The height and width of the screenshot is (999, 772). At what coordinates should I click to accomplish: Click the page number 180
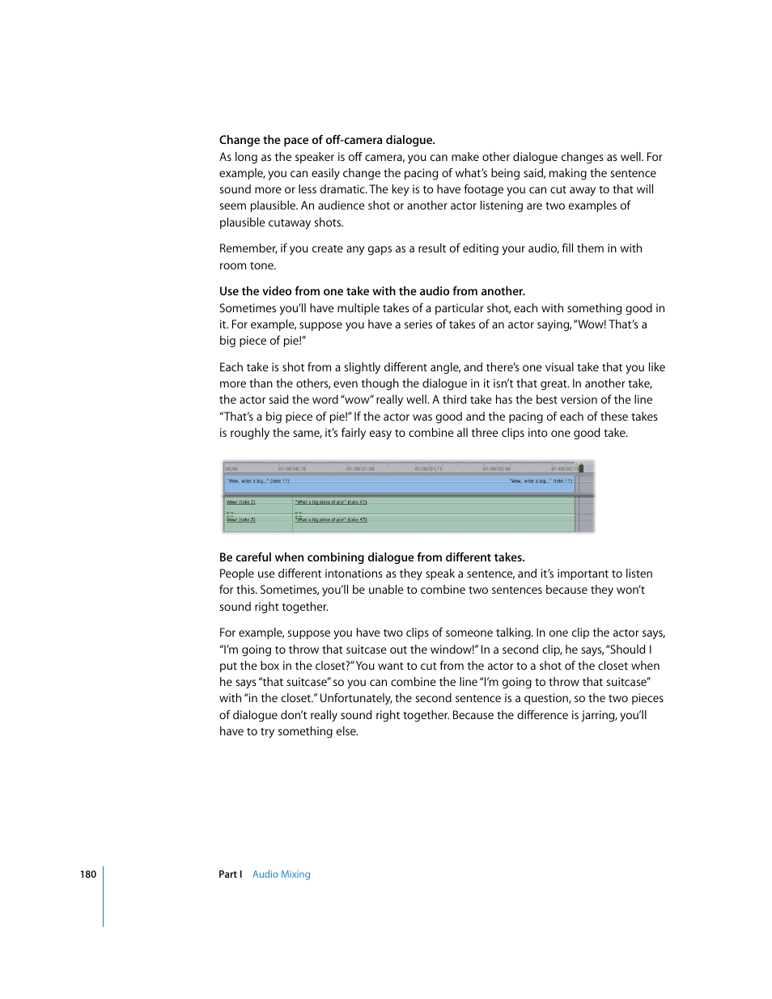(87, 874)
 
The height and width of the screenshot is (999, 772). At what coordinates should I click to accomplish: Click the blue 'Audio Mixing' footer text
(281, 874)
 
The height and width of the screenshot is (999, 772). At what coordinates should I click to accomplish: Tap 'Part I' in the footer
(230, 874)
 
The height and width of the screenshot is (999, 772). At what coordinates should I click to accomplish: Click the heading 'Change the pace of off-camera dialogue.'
(327, 140)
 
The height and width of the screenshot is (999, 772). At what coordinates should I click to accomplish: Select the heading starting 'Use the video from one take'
(371, 291)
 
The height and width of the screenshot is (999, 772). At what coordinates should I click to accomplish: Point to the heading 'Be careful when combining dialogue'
(371, 557)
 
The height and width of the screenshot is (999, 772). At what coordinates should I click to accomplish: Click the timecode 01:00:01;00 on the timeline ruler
(360, 468)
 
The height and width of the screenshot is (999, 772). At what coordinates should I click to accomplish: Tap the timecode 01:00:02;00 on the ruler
(497, 468)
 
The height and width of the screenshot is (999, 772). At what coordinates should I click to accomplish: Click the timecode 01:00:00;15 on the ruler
(292, 468)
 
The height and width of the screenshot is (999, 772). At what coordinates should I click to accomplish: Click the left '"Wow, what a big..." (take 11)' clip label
(257, 480)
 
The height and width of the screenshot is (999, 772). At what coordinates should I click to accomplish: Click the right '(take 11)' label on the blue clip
(541, 480)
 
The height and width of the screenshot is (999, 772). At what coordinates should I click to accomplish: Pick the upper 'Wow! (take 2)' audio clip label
(240, 502)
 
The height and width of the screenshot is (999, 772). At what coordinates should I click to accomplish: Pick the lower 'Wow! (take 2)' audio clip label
(240, 519)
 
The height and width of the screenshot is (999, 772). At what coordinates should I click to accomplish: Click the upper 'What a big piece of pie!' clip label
(331, 502)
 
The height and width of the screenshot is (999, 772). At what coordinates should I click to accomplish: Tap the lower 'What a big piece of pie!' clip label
(331, 519)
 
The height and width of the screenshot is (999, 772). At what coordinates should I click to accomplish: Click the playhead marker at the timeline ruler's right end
(580, 468)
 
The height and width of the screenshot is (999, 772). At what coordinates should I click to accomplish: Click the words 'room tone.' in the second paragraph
(248, 265)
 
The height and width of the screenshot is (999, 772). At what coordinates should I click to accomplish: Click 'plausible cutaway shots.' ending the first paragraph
(281, 222)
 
